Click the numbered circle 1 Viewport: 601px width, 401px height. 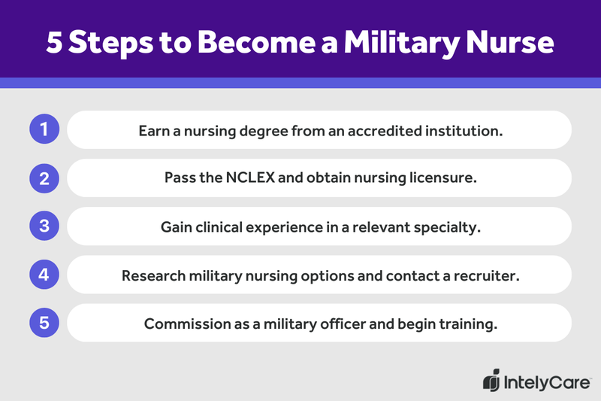tap(44, 130)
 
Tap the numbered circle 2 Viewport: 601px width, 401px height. tap(44, 178)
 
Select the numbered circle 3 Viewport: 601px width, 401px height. tap(44, 226)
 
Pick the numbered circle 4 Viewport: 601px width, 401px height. tap(44, 275)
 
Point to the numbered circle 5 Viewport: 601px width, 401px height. tap(44, 323)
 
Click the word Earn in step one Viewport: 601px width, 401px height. tap(154, 131)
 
